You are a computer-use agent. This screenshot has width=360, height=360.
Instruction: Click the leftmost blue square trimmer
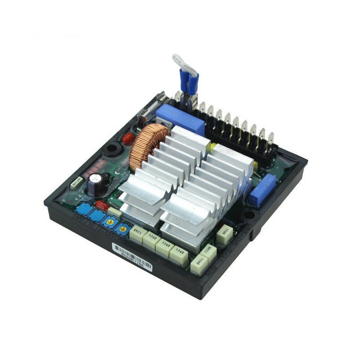tap(82, 210)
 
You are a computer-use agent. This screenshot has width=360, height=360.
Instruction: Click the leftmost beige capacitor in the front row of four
tap(138, 234)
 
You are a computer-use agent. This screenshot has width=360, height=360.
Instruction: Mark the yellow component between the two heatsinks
tap(209, 147)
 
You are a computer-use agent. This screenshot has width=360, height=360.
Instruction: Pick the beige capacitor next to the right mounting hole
tap(224, 234)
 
